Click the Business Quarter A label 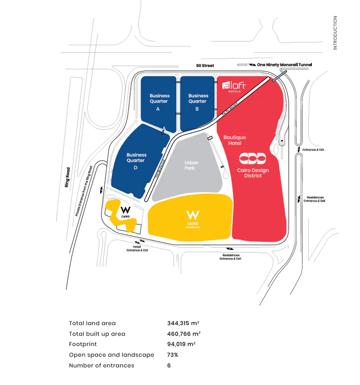click(160, 102)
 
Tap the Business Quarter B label click(198, 102)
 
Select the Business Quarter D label click(136, 161)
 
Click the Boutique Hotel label click(235, 140)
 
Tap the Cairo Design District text click(253, 173)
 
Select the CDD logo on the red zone click(253, 158)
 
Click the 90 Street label click(204, 65)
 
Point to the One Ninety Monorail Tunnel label click(284, 65)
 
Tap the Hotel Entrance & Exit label click(137, 248)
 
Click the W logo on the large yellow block click(192, 214)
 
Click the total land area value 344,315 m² click(183, 323)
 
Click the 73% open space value click(172, 355)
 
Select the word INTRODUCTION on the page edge click(335, 33)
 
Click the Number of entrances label click(102, 366)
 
